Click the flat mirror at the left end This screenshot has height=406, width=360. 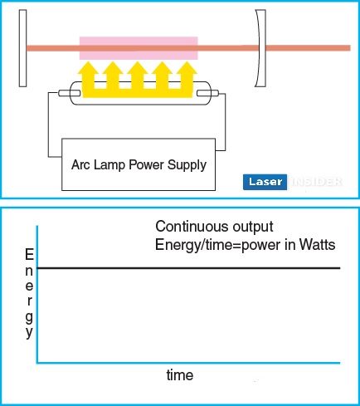coord(23,48)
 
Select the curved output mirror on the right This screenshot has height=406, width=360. coord(260,48)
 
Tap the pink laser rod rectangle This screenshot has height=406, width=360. coord(139,48)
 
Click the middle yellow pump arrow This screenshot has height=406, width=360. coord(138,79)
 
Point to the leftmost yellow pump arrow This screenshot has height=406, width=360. coord(88,79)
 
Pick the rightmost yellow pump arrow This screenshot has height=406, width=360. coord(187,79)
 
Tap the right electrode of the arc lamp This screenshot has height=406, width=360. coord(207,93)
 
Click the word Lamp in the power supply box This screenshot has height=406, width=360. coord(109,164)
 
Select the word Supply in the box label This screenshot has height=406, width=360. coord(187,165)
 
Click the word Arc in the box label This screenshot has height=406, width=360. coord(81,164)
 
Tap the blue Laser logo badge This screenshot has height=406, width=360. coord(265,182)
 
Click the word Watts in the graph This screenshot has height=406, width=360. coord(317,245)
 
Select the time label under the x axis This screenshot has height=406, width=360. coord(180,375)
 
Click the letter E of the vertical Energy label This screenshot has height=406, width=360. coord(29,254)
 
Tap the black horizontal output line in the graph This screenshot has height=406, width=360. coord(188,268)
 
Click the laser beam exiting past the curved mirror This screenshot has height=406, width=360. coord(309,48)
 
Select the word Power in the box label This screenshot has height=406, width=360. coord(146,164)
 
